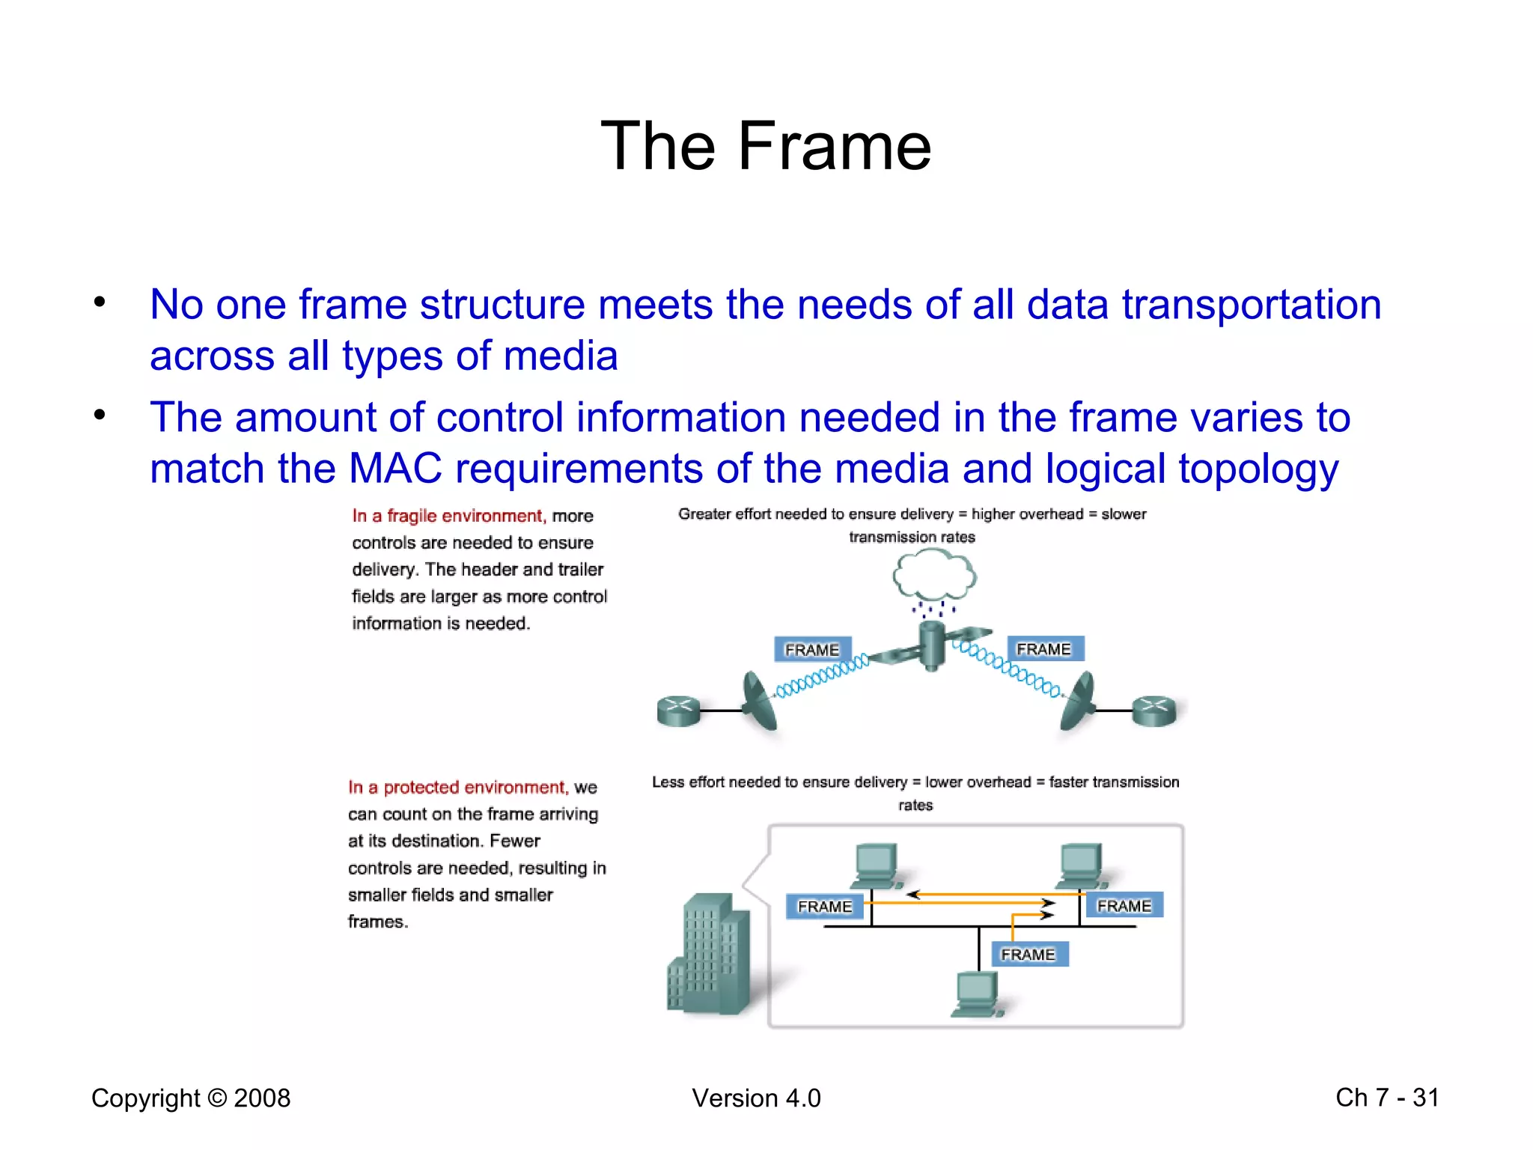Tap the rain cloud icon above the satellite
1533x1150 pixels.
(934, 576)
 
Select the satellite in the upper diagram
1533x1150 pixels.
(931, 645)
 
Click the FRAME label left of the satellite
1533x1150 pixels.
(812, 650)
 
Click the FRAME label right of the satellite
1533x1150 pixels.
(1044, 649)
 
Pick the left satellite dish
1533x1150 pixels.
(759, 702)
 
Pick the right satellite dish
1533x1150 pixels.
(1079, 702)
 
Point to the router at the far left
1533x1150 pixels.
(678, 711)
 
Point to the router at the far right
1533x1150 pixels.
(1153, 711)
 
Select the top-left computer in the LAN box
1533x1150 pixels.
(877, 865)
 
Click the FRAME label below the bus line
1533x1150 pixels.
(1028, 955)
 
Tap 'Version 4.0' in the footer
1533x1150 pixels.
(756, 1098)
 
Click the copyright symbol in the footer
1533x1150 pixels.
(217, 1098)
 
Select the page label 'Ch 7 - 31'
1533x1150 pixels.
(1386, 1098)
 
